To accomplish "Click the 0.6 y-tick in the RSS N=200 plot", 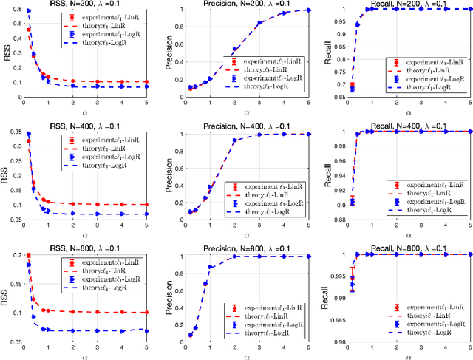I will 16,10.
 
